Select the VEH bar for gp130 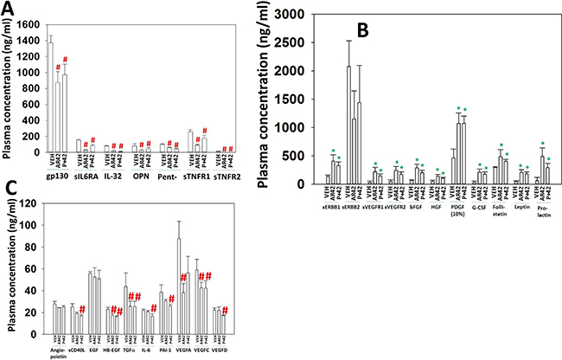tap(49, 95)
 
